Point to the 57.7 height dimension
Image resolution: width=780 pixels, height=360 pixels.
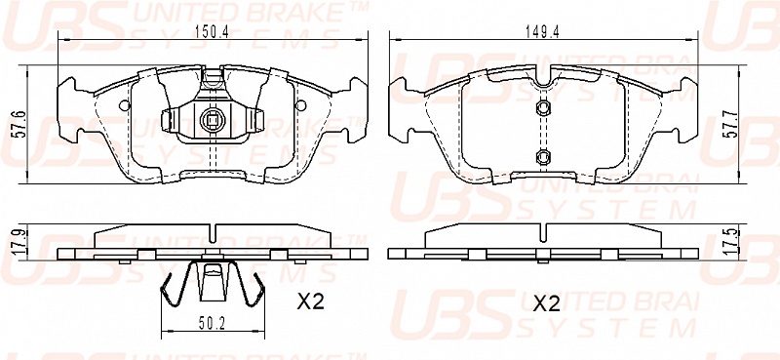pos(729,125)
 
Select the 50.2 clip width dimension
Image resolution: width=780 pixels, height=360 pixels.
pos(213,324)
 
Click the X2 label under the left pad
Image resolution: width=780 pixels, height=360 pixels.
pos(310,301)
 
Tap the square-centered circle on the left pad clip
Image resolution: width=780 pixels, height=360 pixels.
pos(213,119)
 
